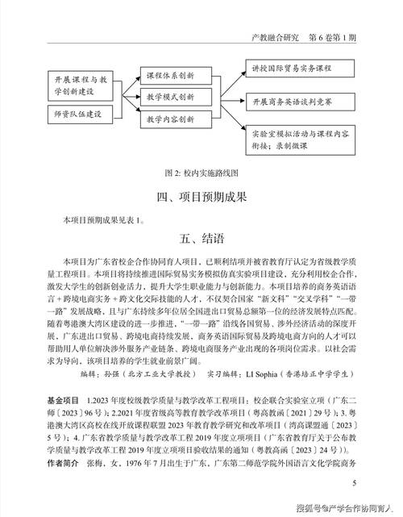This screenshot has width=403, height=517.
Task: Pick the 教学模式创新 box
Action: point(169,96)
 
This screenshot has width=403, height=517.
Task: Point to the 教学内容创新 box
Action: point(169,119)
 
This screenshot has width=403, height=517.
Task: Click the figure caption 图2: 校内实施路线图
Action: point(201,173)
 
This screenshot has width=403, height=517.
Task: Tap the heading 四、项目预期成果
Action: point(201,197)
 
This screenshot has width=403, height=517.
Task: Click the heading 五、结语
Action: point(201,239)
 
